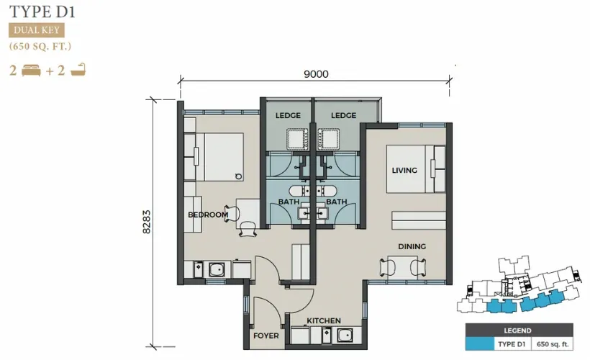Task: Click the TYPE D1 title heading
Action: click(x=42, y=12)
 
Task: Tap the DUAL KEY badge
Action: click(x=37, y=30)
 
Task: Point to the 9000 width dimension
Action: click(x=316, y=74)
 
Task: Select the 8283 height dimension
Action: click(x=146, y=222)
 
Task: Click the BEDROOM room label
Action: click(x=208, y=215)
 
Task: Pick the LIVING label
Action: click(x=404, y=170)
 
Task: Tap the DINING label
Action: click(x=412, y=246)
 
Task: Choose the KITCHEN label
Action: click(x=324, y=320)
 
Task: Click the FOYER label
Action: click(x=266, y=336)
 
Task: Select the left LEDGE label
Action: click(x=288, y=115)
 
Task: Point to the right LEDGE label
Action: click(x=343, y=115)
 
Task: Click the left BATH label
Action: click(x=289, y=202)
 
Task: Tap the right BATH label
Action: click(x=337, y=202)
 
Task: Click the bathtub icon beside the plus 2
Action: click(x=78, y=70)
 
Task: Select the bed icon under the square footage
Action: click(x=31, y=71)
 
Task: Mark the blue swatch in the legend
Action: click(x=480, y=344)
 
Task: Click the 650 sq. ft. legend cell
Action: click(x=553, y=344)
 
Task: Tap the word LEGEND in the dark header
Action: click(x=518, y=330)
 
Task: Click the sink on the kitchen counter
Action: click(x=345, y=335)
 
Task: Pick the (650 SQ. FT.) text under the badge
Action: click(x=40, y=46)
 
